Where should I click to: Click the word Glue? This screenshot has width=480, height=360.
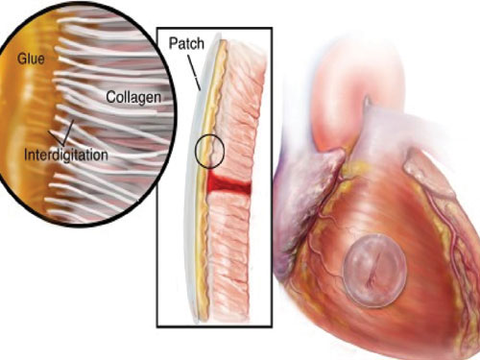pos(31,59)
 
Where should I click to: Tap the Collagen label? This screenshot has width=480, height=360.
pos(133,97)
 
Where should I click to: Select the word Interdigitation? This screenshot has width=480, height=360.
pos(66,155)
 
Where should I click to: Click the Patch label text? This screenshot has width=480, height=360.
pos(186,43)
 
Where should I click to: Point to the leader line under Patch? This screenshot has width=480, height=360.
pos(194,73)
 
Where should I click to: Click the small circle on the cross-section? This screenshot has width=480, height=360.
pos(210,152)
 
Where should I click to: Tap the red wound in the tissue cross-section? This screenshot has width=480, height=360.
pos(228,185)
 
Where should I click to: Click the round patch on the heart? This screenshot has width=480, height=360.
pos(375,271)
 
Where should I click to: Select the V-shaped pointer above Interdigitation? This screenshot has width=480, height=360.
pos(62,134)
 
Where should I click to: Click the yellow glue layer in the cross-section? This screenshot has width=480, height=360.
pos(206,180)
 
